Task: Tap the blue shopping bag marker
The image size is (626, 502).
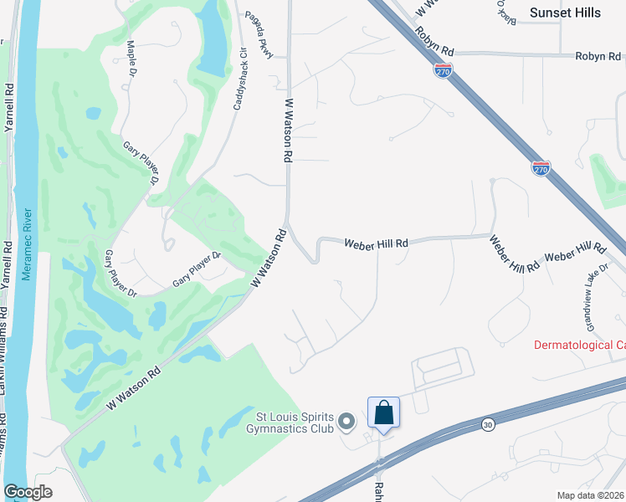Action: pyautogui.click(x=383, y=413)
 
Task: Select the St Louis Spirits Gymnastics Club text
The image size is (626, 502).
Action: pyautogui.click(x=295, y=423)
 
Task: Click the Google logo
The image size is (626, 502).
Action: pyautogui.click(x=28, y=492)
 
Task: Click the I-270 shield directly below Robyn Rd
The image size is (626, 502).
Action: pyautogui.click(x=444, y=71)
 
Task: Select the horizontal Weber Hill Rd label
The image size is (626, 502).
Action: pyautogui.click(x=377, y=243)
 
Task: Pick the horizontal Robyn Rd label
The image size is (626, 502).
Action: pyautogui.click(x=595, y=56)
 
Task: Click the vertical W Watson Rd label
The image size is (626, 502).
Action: pyautogui.click(x=288, y=130)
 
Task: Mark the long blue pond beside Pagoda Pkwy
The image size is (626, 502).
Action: pyautogui.click(x=215, y=39)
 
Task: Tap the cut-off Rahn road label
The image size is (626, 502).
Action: pyautogui.click(x=378, y=490)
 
